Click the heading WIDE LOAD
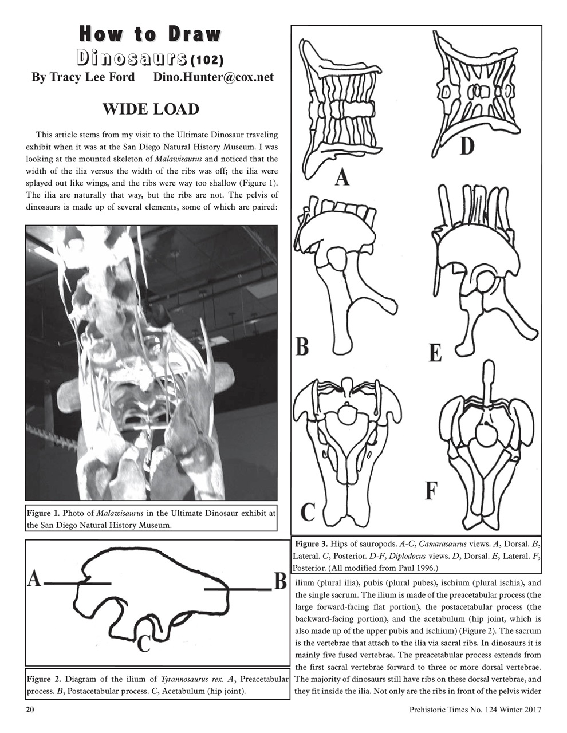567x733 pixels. (151, 109)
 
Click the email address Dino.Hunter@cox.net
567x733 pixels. (214, 77)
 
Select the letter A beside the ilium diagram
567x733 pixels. (34, 581)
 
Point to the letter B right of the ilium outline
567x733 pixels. (280, 582)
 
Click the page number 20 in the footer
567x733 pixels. (30, 710)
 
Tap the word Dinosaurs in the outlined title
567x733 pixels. (133, 58)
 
